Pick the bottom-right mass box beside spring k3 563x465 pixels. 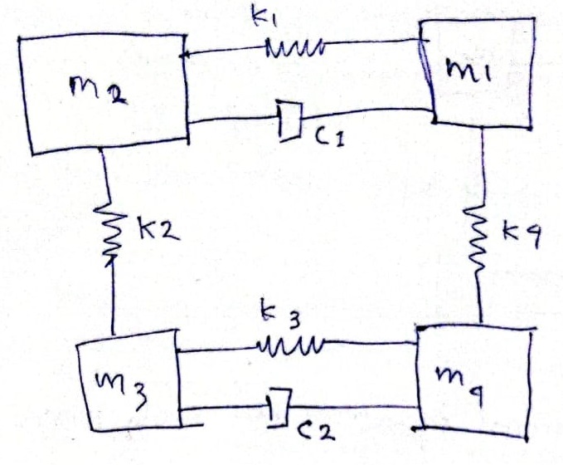coord(473,378)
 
